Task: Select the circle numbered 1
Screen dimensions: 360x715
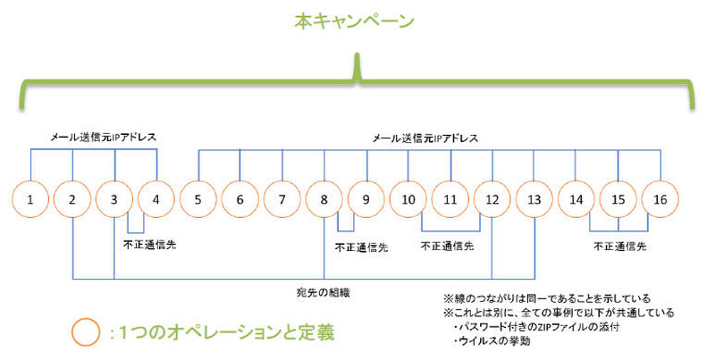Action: (x=31, y=199)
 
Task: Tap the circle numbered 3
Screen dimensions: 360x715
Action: (x=114, y=199)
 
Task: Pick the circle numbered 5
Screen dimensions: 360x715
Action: (x=198, y=199)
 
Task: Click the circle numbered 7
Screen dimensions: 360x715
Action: (x=282, y=199)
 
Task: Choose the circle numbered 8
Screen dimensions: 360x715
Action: (x=324, y=199)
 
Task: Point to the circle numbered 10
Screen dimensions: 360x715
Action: (x=408, y=199)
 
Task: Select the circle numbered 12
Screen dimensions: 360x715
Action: (x=492, y=199)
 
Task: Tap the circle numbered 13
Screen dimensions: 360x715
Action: (x=534, y=199)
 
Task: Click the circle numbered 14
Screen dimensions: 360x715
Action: (x=576, y=199)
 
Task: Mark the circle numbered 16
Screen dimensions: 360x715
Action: (x=660, y=199)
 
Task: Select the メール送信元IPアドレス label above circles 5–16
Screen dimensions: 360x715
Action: (x=425, y=138)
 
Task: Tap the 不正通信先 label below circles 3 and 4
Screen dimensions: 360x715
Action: (x=149, y=244)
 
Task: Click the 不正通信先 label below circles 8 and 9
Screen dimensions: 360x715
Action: (x=361, y=247)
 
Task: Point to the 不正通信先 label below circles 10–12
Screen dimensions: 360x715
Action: (x=447, y=245)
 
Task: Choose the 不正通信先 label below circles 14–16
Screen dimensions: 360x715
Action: (x=618, y=245)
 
